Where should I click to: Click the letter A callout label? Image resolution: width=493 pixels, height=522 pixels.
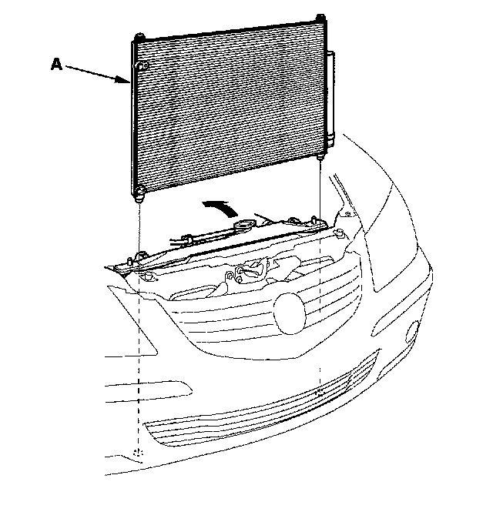(55, 66)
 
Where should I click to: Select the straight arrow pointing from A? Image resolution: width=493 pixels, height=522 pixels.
(96, 75)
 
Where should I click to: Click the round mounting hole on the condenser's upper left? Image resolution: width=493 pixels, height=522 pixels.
(142, 68)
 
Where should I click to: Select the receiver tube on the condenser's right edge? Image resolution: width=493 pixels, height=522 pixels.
(330, 96)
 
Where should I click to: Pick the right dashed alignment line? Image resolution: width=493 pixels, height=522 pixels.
(319, 293)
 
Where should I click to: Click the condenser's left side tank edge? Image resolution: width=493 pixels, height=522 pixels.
(131, 115)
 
